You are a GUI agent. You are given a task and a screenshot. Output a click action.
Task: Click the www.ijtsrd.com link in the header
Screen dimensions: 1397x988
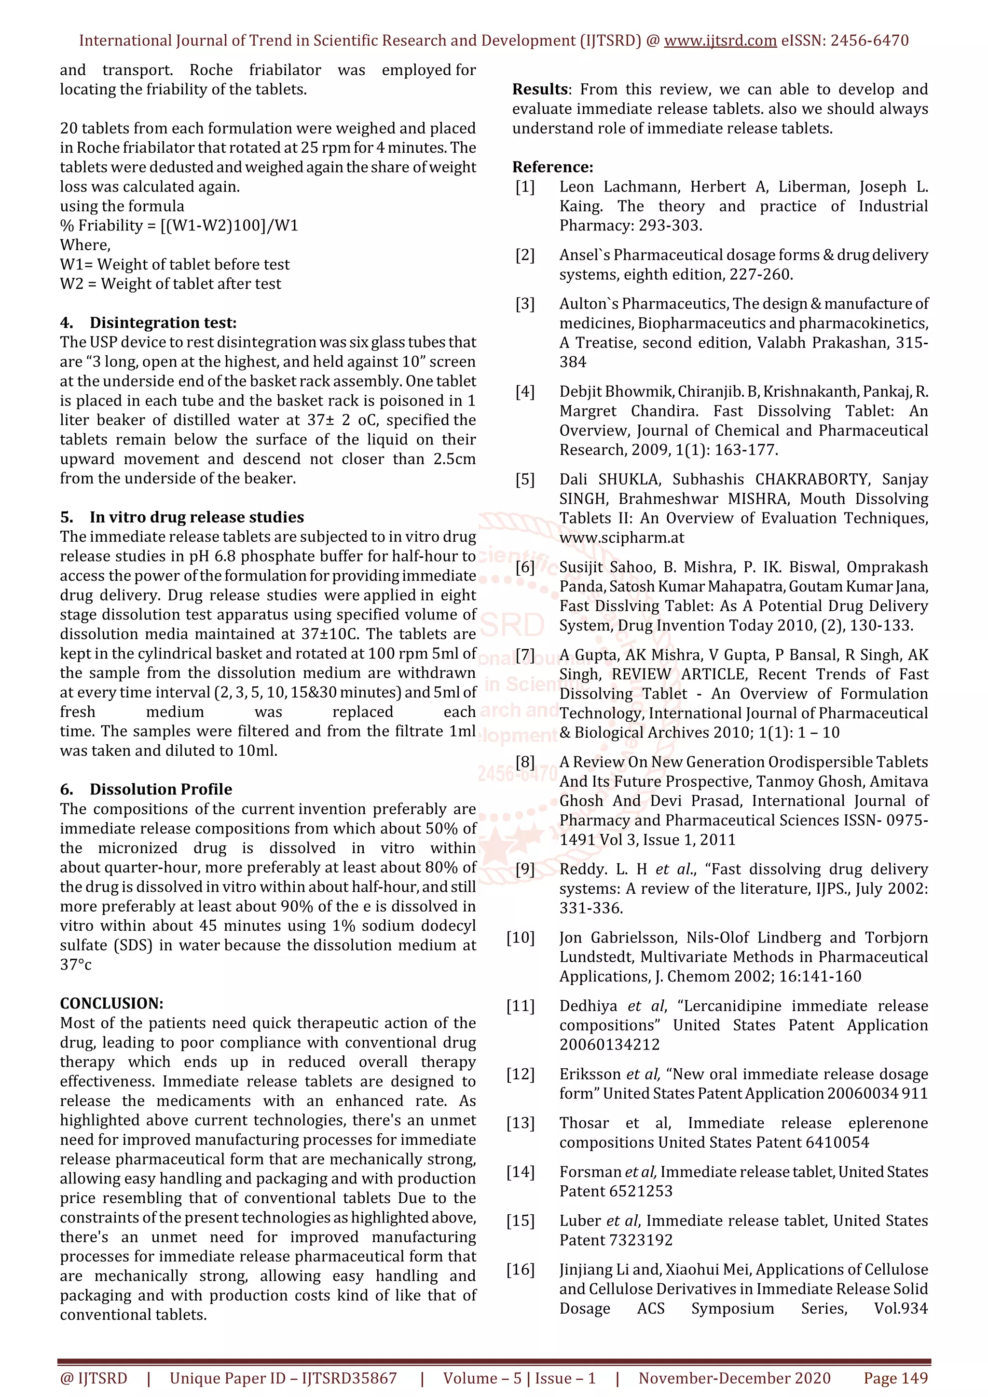(x=720, y=41)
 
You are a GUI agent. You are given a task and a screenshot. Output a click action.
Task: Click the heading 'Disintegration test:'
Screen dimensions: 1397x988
(x=163, y=322)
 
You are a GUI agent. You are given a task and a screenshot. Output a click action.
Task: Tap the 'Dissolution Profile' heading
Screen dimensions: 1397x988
(x=161, y=789)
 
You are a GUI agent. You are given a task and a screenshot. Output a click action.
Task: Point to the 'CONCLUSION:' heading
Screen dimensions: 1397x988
(x=111, y=1003)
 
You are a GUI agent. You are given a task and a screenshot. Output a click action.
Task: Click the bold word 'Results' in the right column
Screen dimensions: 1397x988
(x=539, y=90)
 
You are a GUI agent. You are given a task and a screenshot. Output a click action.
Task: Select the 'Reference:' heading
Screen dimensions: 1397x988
(x=552, y=167)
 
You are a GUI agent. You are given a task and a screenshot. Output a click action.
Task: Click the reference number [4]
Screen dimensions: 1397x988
(x=525, y=391)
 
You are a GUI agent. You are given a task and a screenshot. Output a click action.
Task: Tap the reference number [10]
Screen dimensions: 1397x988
(x=521, y=938)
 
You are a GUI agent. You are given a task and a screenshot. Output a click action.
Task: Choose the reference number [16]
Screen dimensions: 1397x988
(x=521, y=1269)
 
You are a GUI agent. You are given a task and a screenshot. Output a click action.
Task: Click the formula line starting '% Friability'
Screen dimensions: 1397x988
(x=178, y=226)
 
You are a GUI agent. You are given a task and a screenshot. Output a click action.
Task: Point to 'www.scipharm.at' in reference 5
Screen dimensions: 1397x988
(x=621, y=538)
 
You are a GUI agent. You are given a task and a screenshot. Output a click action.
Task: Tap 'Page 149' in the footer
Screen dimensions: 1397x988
(x=895, y=1378)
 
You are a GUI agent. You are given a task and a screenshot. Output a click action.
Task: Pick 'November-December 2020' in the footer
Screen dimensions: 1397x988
(x=734, y=1378)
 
